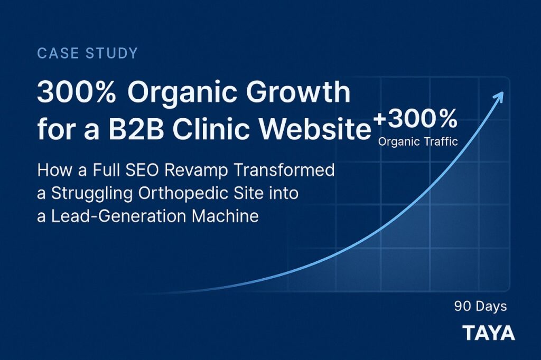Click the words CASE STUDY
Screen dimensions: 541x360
pyautogui.click(x=87, y=53)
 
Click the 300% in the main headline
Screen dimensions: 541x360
pyautogui.click(x=76, y=92)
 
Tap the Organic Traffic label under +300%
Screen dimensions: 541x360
pyautogui.click(x=418, y=141)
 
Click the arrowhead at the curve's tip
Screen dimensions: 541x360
pyautogui.click(x=499, y=97)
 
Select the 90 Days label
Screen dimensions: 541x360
pyautogui.click(x=480, y=306)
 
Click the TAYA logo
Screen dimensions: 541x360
pyautogui.click(x=489, y=333)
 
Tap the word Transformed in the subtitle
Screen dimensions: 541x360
pyautogui.click(x=284, y=170)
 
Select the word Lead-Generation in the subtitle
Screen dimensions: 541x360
pyautogui.click(x=119, y=216)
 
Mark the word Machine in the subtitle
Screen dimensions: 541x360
pyautogui.click(x=225, y=216)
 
